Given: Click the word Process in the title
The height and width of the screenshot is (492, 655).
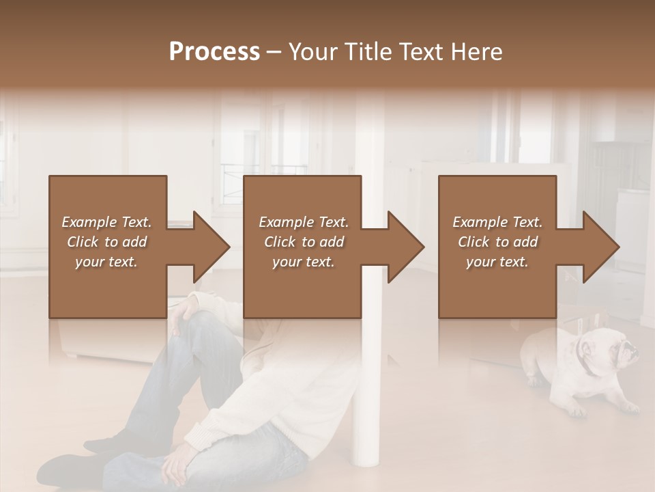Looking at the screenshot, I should click(214, 52).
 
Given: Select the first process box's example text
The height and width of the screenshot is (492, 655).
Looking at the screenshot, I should click(106, 242).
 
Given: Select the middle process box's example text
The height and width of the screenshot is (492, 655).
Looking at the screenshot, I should click(303, 242).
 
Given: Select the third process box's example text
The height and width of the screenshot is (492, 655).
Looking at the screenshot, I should click(497, 242).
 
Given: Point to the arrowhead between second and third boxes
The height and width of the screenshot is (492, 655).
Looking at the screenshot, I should click(404, 247).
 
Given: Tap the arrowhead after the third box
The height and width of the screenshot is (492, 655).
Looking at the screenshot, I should click(599, 247).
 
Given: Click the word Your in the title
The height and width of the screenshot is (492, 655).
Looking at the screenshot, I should click(311, 52).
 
